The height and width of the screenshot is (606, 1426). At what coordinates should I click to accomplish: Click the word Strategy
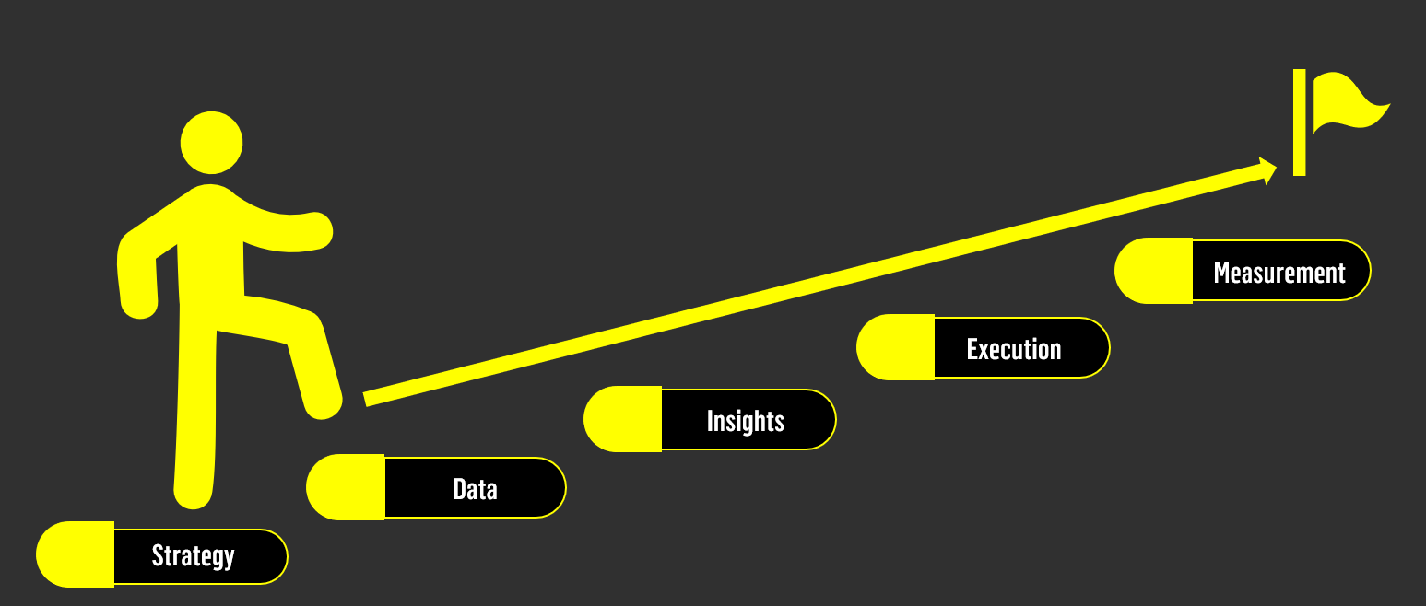click(x=193, y=556)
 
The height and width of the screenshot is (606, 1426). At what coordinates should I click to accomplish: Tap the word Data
click(x=475, y=488)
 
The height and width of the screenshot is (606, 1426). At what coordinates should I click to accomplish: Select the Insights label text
click(x=745, y=421)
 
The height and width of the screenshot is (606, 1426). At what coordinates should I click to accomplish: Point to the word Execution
click(x=1014, y=349)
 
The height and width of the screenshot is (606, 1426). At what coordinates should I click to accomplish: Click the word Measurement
click(x=1279, y=273)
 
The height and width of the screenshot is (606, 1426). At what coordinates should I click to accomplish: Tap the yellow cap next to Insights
click(x=623, y=419)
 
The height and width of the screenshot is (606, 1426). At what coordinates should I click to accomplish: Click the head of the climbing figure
click(x=211, y=143)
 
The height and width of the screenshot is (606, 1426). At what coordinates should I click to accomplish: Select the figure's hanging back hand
click(x=139, y=305)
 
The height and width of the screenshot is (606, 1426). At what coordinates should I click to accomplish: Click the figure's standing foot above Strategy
click(x=193, y=494)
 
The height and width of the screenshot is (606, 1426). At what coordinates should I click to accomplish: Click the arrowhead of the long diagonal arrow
click(x=1267, y=169)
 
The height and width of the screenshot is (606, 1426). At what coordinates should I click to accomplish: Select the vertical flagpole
click(x=1299, y=122)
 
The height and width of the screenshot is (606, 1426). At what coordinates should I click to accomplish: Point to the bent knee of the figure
click(x=308, y=323)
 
